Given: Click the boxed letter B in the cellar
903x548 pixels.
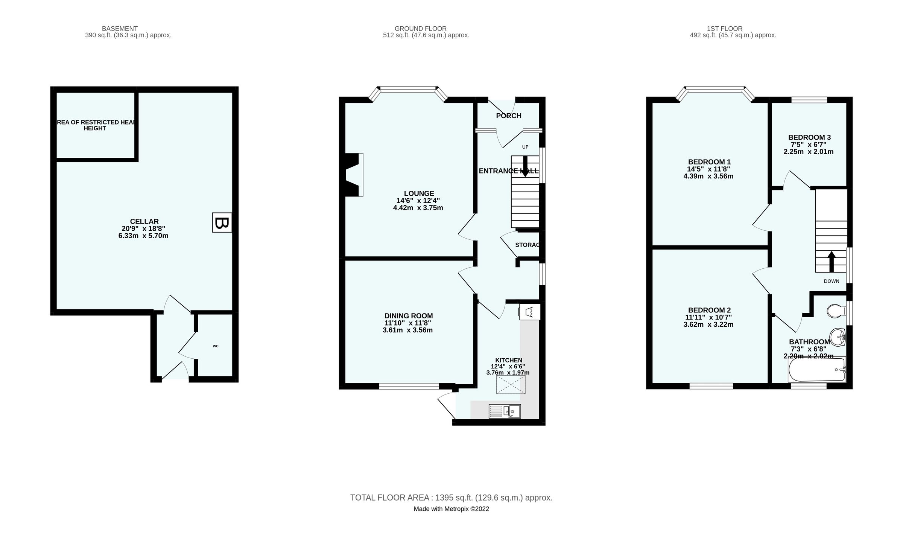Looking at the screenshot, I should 222,223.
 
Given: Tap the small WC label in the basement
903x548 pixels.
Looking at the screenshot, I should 216,346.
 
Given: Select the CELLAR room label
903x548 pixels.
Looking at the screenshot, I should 144,222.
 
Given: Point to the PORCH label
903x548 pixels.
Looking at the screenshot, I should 508,116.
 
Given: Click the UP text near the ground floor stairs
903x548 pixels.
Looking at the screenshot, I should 525,147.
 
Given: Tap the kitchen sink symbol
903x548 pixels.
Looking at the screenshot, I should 505,411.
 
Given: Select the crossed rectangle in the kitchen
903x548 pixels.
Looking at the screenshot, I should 511,384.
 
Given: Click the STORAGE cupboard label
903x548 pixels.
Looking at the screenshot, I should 528,245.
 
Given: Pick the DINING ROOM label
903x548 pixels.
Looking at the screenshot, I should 409,316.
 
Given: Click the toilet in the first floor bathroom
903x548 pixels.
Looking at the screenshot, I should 836,311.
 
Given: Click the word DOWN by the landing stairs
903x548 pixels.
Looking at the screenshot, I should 831,281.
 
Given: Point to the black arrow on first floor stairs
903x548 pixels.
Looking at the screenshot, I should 832,262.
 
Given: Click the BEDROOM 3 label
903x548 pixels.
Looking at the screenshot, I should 809,137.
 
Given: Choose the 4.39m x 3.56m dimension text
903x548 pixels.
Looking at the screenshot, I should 708,176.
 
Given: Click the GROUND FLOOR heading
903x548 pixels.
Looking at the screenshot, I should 420,29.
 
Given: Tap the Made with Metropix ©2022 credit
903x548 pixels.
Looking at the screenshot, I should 451,509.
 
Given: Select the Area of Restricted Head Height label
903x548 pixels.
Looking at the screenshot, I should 96,125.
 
